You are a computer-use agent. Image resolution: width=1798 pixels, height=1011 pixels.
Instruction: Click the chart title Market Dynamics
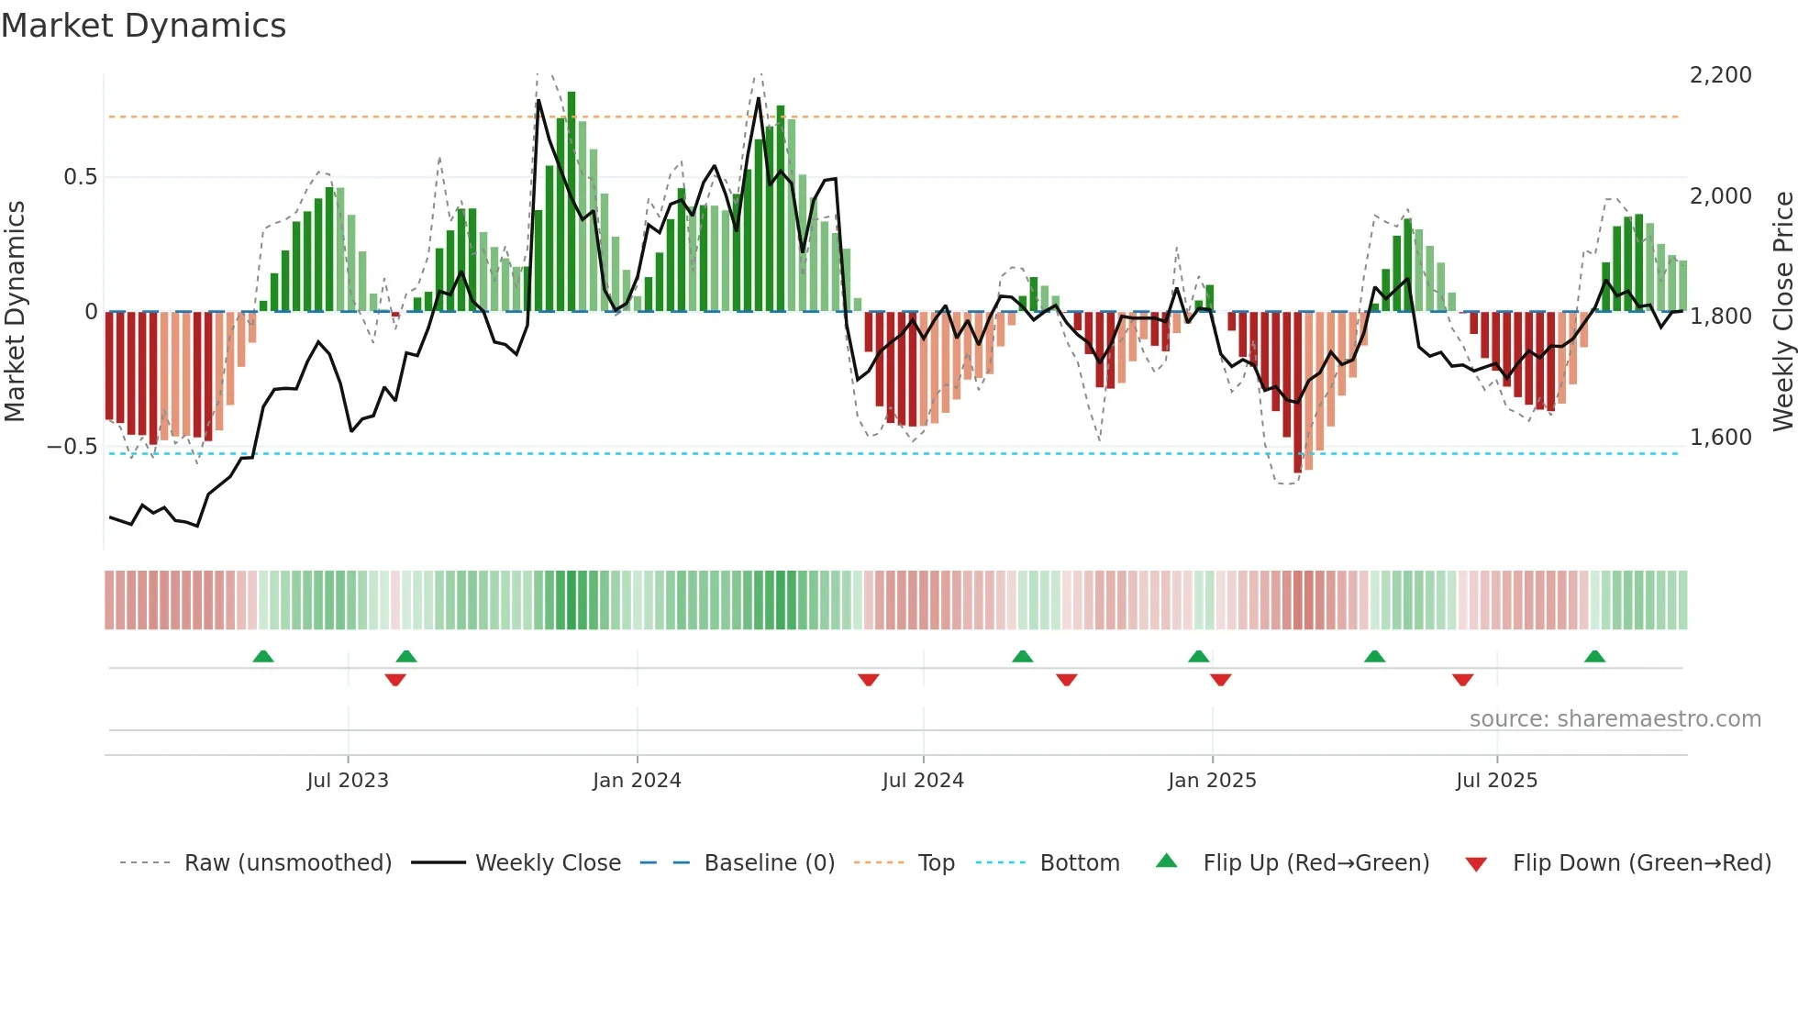[x=143, y=26]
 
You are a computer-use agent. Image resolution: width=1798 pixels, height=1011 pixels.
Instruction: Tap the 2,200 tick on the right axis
[x=1720, y=75]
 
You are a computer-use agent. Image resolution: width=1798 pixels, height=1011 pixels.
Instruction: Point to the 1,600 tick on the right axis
[x=1720, y=438]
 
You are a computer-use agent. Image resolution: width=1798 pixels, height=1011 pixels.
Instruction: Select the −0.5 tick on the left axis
[x=72, y=447]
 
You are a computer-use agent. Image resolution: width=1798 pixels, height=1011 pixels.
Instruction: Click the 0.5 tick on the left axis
[x=80, y=177]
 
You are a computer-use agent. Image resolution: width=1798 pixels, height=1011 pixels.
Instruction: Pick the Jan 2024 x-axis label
[x=637, y=781]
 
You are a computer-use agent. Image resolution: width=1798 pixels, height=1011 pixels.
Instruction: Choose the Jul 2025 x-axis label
[x=1496, y=781]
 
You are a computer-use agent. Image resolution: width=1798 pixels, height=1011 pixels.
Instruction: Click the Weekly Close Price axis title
[x=1782, y=311]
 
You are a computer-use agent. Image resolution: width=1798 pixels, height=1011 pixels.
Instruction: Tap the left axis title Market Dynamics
[x=15, y=311]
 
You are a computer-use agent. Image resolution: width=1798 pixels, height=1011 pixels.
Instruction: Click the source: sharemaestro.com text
[x=1615, y=719]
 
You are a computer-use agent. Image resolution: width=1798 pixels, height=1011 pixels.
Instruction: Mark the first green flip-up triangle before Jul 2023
[x=263, y=656]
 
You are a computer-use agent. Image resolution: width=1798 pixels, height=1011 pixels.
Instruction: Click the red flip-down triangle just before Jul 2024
[x=869, y=680]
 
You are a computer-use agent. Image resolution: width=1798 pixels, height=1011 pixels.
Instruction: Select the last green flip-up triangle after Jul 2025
[x=1594, y=656]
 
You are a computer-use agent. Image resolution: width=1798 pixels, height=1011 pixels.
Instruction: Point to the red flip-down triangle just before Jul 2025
[x=1463, y=680]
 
